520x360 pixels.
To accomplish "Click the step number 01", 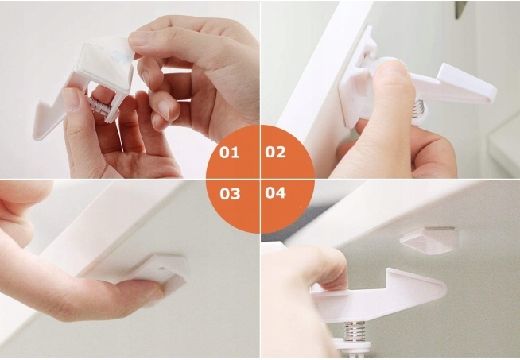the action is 229,153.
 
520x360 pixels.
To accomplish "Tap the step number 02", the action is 275,152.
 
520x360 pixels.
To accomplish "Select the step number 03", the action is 230,194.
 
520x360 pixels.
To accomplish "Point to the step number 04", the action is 275,192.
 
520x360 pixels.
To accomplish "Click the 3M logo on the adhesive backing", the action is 117,54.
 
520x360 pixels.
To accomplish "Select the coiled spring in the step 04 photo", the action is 355,331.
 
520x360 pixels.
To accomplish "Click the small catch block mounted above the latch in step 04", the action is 429,240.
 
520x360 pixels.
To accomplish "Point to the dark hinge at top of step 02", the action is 460,9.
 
